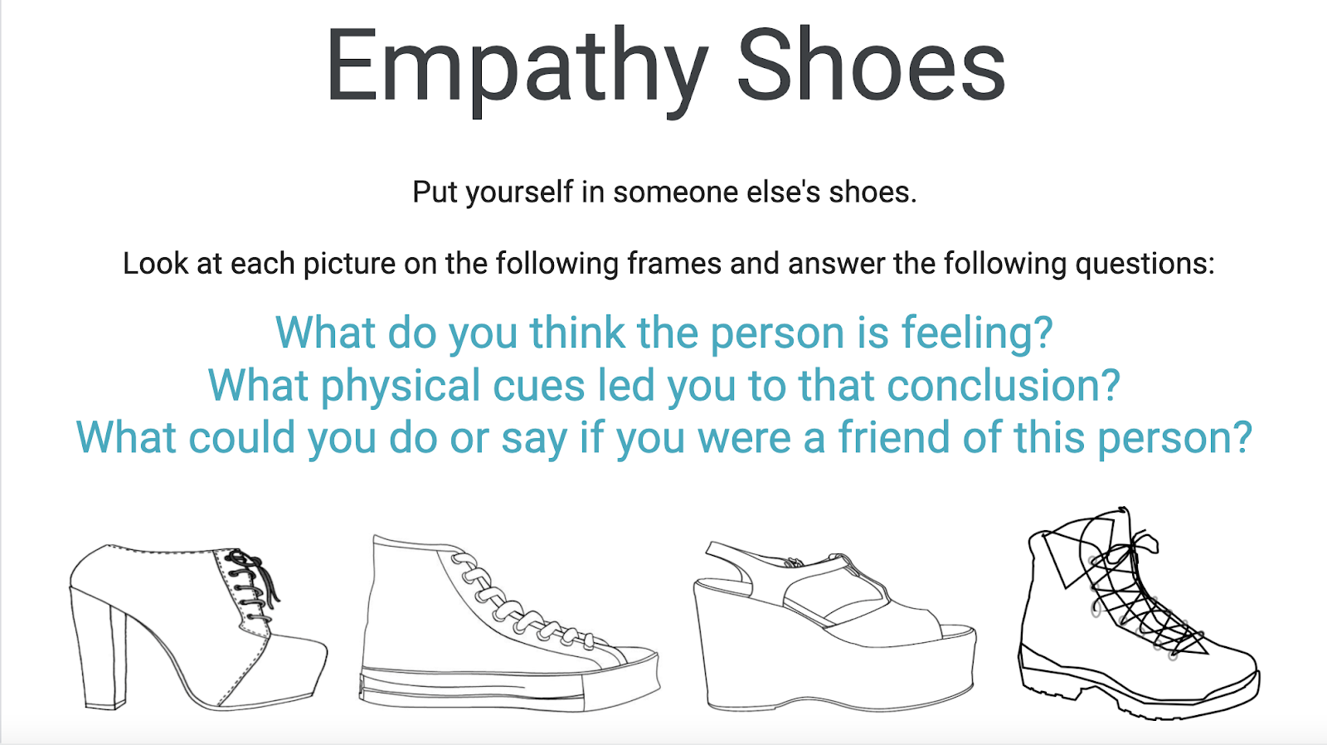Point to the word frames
pos(674,263)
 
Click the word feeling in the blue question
pos(977,333)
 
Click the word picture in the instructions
pos(349,263)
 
